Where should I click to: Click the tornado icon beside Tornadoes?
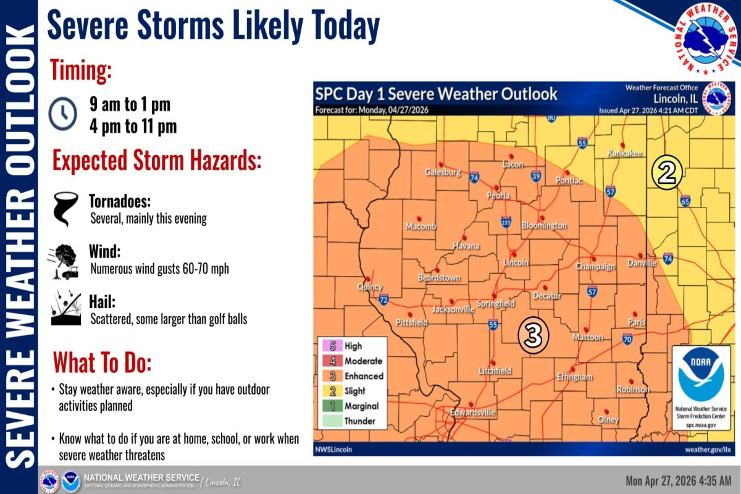[x=64, y=209]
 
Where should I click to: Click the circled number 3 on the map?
[x=534, y=336]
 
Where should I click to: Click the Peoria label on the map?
[x=498, y=195]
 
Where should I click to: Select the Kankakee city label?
[x=624, y=153]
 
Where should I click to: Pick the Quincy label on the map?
[x=370, y=287]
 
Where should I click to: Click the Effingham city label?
[x=574, y=377]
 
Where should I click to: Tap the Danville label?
[x=642, y=263]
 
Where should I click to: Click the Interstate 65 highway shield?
[x=685, y=201]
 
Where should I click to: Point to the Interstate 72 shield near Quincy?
[x=383, y=300]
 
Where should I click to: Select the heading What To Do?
[x=102, y=362]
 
